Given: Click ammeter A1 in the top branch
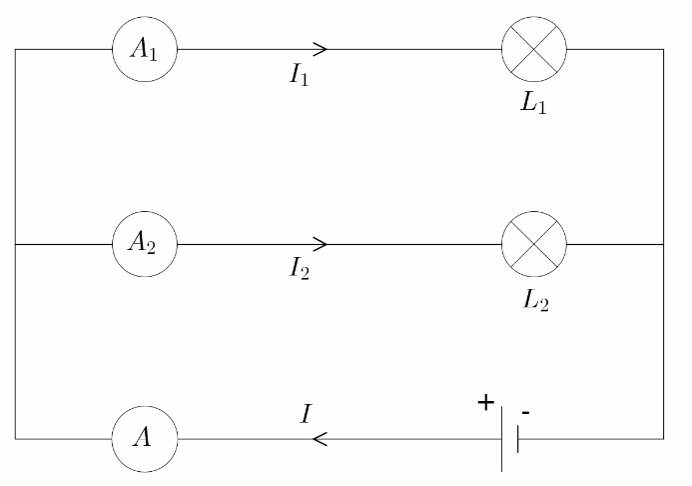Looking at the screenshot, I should point(145,49).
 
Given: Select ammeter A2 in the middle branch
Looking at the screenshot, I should point(145,243).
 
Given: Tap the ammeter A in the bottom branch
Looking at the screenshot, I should point(145,438).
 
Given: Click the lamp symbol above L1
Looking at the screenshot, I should point(533,48).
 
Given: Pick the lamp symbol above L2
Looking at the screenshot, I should point(533,243).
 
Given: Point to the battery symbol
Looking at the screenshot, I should point(509,438).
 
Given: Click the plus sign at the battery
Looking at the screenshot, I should point(486,403).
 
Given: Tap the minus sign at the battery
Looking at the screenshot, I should point(526,411).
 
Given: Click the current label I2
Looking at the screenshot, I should point(299,268).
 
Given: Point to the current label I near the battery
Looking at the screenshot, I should point(307,412).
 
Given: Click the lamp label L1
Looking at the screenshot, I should point(534,104).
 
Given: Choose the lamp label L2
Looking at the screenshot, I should point(534,298).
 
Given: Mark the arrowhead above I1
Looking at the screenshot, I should point(321,49).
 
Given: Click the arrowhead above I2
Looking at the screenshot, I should point(321,243).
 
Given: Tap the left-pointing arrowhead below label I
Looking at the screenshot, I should point(320,438).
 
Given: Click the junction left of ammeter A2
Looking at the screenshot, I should point(15,243).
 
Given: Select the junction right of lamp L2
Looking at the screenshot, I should point(663,243).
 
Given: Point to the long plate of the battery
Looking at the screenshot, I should point(502,438).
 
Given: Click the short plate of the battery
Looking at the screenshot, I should point(518,438).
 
